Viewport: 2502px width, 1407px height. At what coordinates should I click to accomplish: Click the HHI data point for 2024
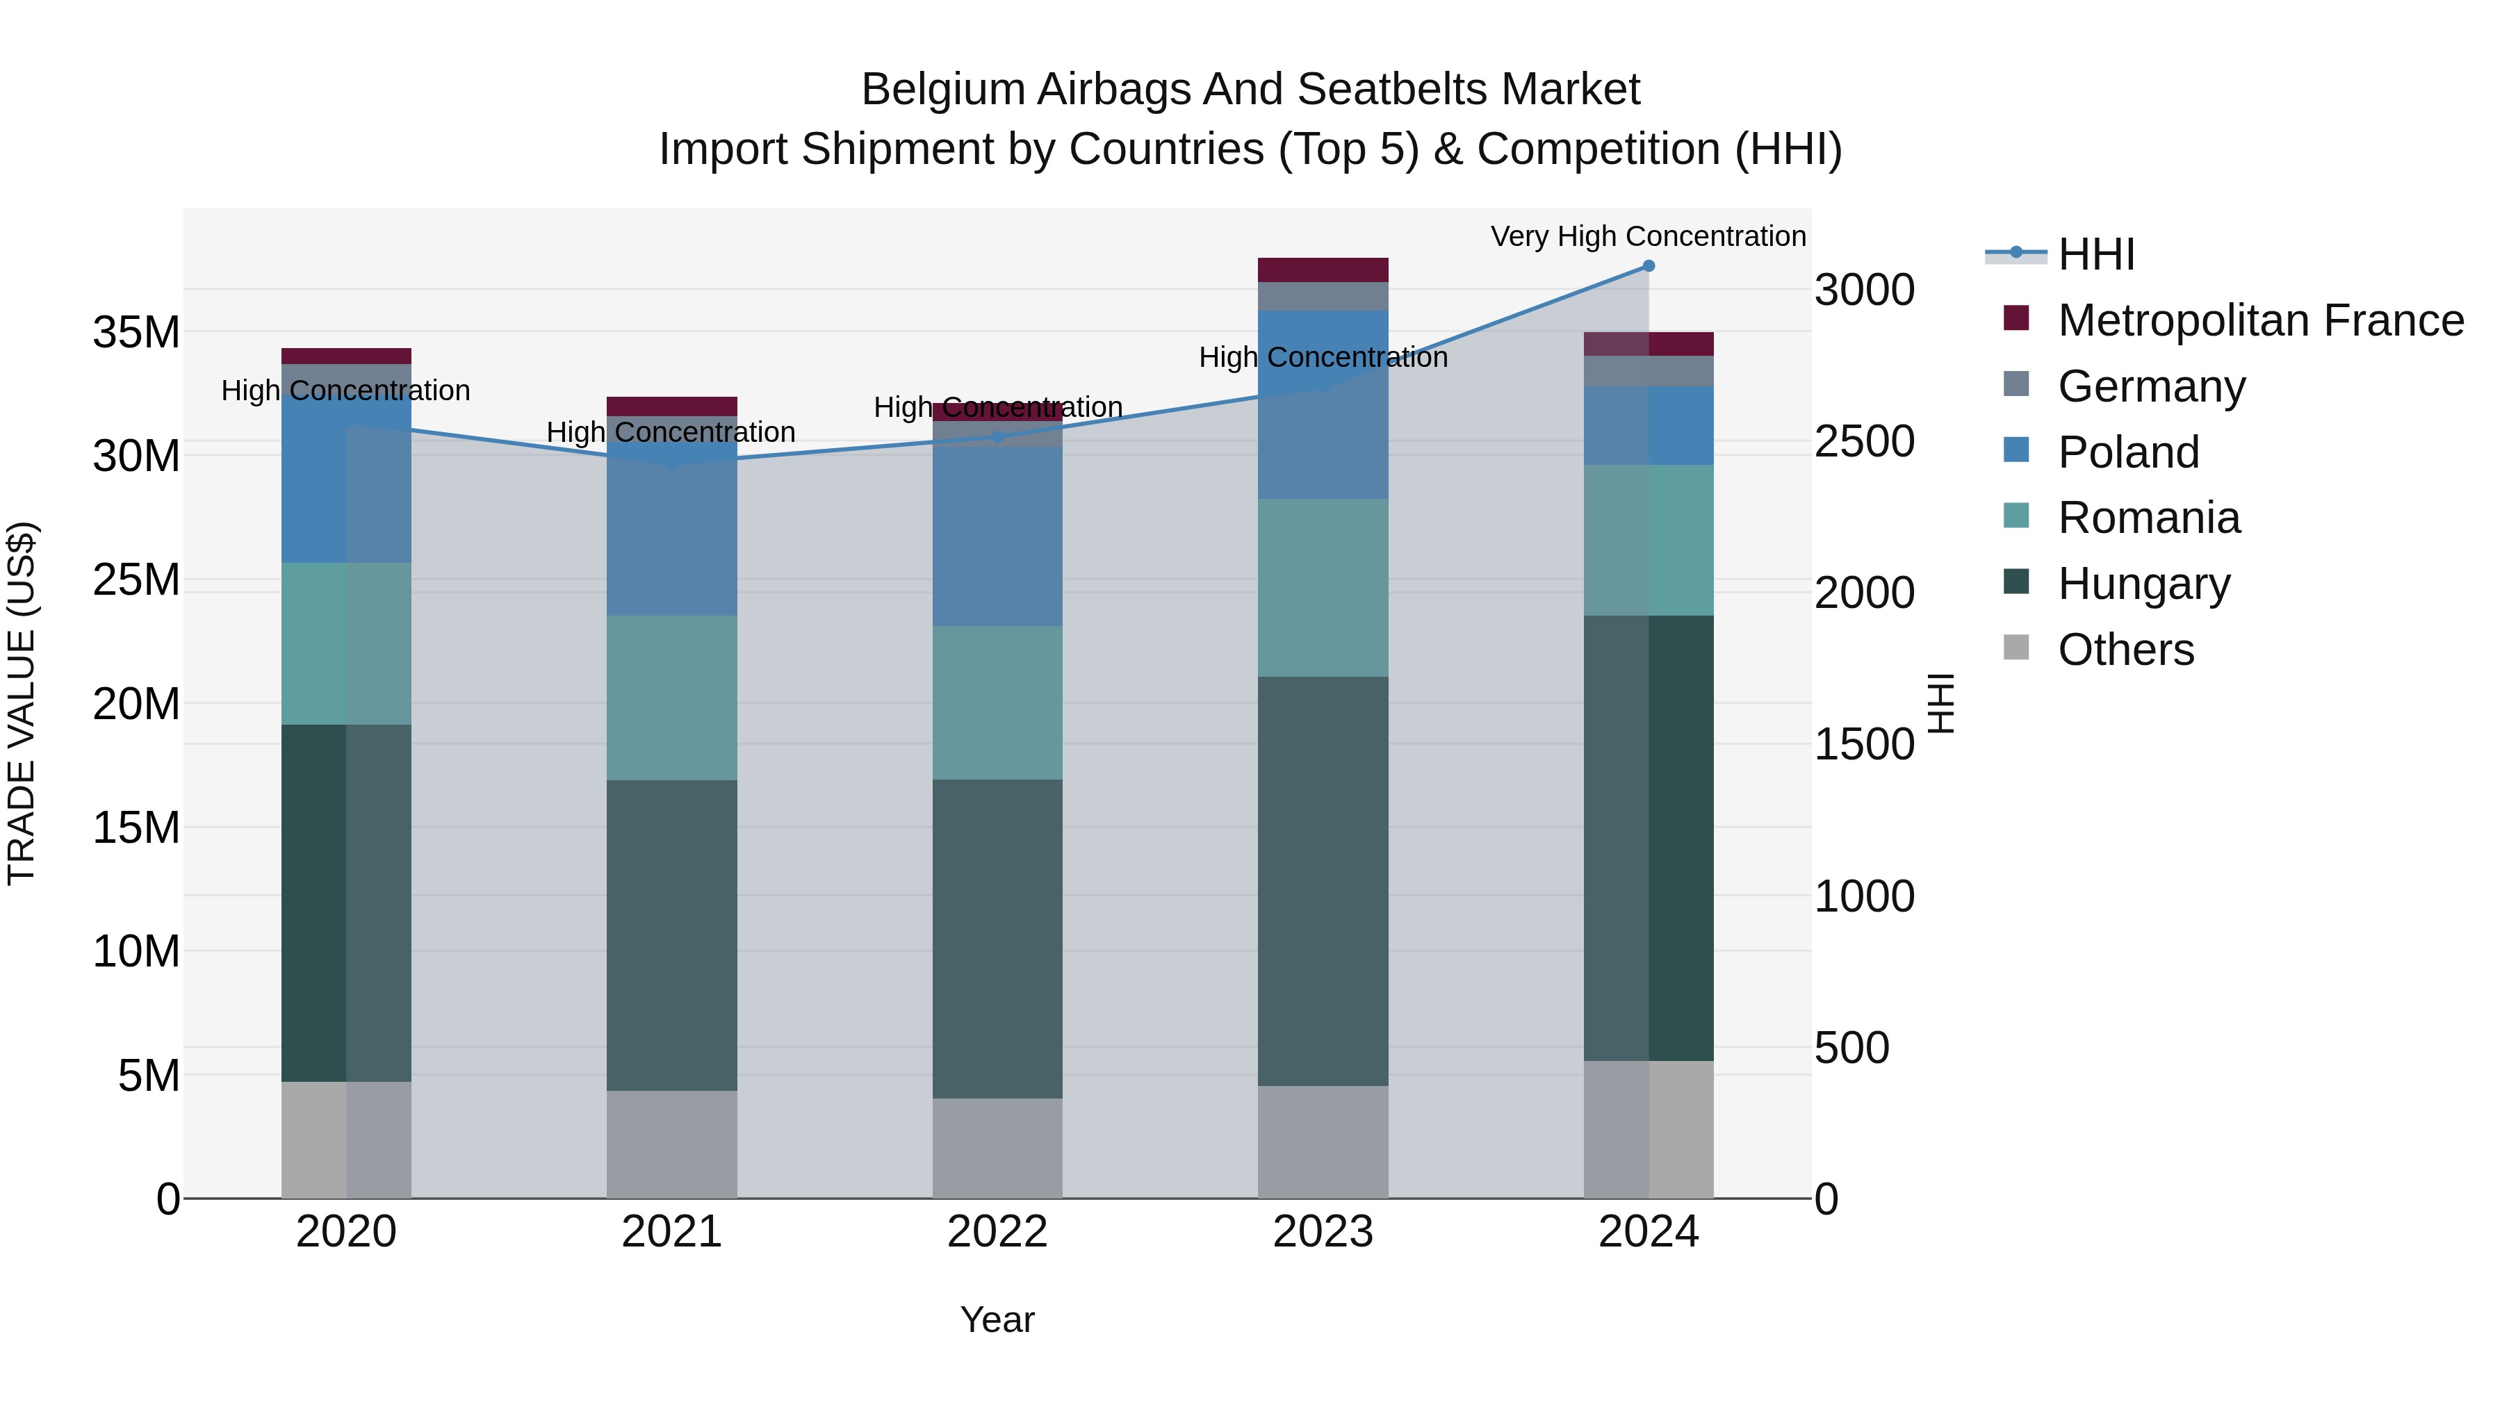click(x=1649, y=266)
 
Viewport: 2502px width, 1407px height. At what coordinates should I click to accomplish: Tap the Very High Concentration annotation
click(x=1649, y=237)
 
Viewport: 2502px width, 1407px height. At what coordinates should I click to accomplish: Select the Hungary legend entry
click(x=2143, y=584)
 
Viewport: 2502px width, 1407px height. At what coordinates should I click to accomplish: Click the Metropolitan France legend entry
click(x=2260, y=320)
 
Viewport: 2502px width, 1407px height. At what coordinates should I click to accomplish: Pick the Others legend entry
click(x=2125, y=650)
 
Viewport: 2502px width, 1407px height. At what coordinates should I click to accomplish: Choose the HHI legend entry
click(x=2096, y=254)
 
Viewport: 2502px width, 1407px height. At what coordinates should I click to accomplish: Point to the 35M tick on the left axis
click(x=136, y=332)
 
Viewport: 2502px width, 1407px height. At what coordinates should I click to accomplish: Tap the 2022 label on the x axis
click(x=997, y=1232)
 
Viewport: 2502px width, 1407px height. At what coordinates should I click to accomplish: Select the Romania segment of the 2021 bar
click(x=671, y=697)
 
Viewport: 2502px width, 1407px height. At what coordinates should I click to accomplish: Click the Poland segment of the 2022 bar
click(x=997, y=536)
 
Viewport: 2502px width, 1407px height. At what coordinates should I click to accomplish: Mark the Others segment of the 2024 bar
click(x=1649, y=1128)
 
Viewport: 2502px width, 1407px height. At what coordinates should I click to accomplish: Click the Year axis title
click(x=997, y=1319)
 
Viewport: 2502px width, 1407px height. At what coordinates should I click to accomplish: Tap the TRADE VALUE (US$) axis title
click(x=22, y=703)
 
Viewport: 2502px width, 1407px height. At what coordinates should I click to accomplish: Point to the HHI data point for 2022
click(x=997, y=437)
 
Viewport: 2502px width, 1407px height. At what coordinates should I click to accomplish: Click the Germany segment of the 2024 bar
click(x=1649, y=371)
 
